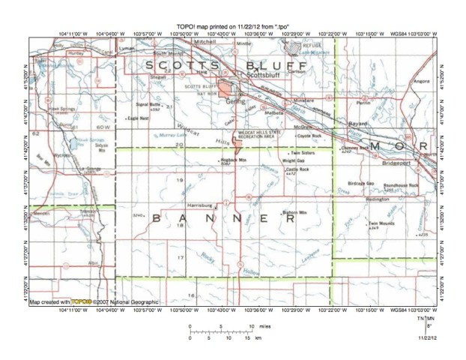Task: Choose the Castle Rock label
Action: (297, 170)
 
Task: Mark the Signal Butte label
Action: (150, 106)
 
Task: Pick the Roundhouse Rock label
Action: (401, 184)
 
